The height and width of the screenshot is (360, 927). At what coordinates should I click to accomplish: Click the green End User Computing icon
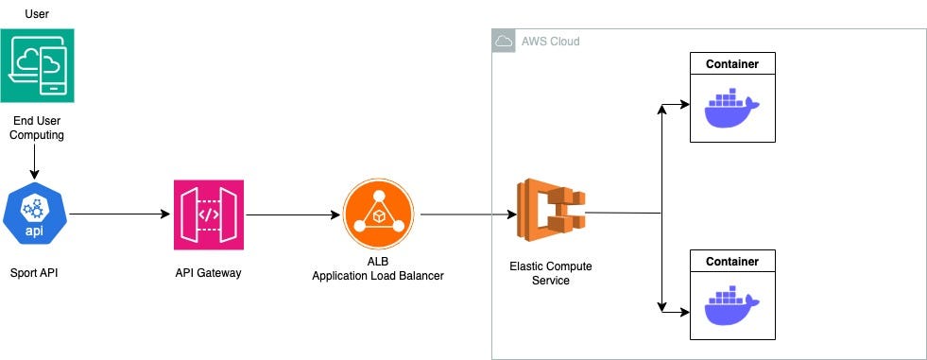coord(37,65)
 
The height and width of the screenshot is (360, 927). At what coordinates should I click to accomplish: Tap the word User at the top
coord(37,12)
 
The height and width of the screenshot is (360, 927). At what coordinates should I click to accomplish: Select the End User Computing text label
coord(37,128)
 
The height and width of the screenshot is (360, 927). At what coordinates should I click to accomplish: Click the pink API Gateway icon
coord(209,214)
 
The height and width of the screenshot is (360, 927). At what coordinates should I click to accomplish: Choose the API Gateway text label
coord(209,274)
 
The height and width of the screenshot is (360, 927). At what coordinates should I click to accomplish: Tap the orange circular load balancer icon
coord(379,214)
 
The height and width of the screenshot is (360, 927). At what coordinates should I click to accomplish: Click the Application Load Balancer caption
coord(379,275)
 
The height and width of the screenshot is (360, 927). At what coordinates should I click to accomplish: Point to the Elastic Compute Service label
coord(551,273)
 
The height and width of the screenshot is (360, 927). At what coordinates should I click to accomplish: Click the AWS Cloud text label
coord(550,42)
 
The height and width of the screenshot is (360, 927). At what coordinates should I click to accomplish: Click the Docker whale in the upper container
coord(731,109)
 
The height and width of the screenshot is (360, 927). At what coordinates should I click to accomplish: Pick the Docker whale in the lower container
coord(731,304)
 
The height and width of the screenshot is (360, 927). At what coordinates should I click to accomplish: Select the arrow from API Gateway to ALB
coord(292,214)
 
